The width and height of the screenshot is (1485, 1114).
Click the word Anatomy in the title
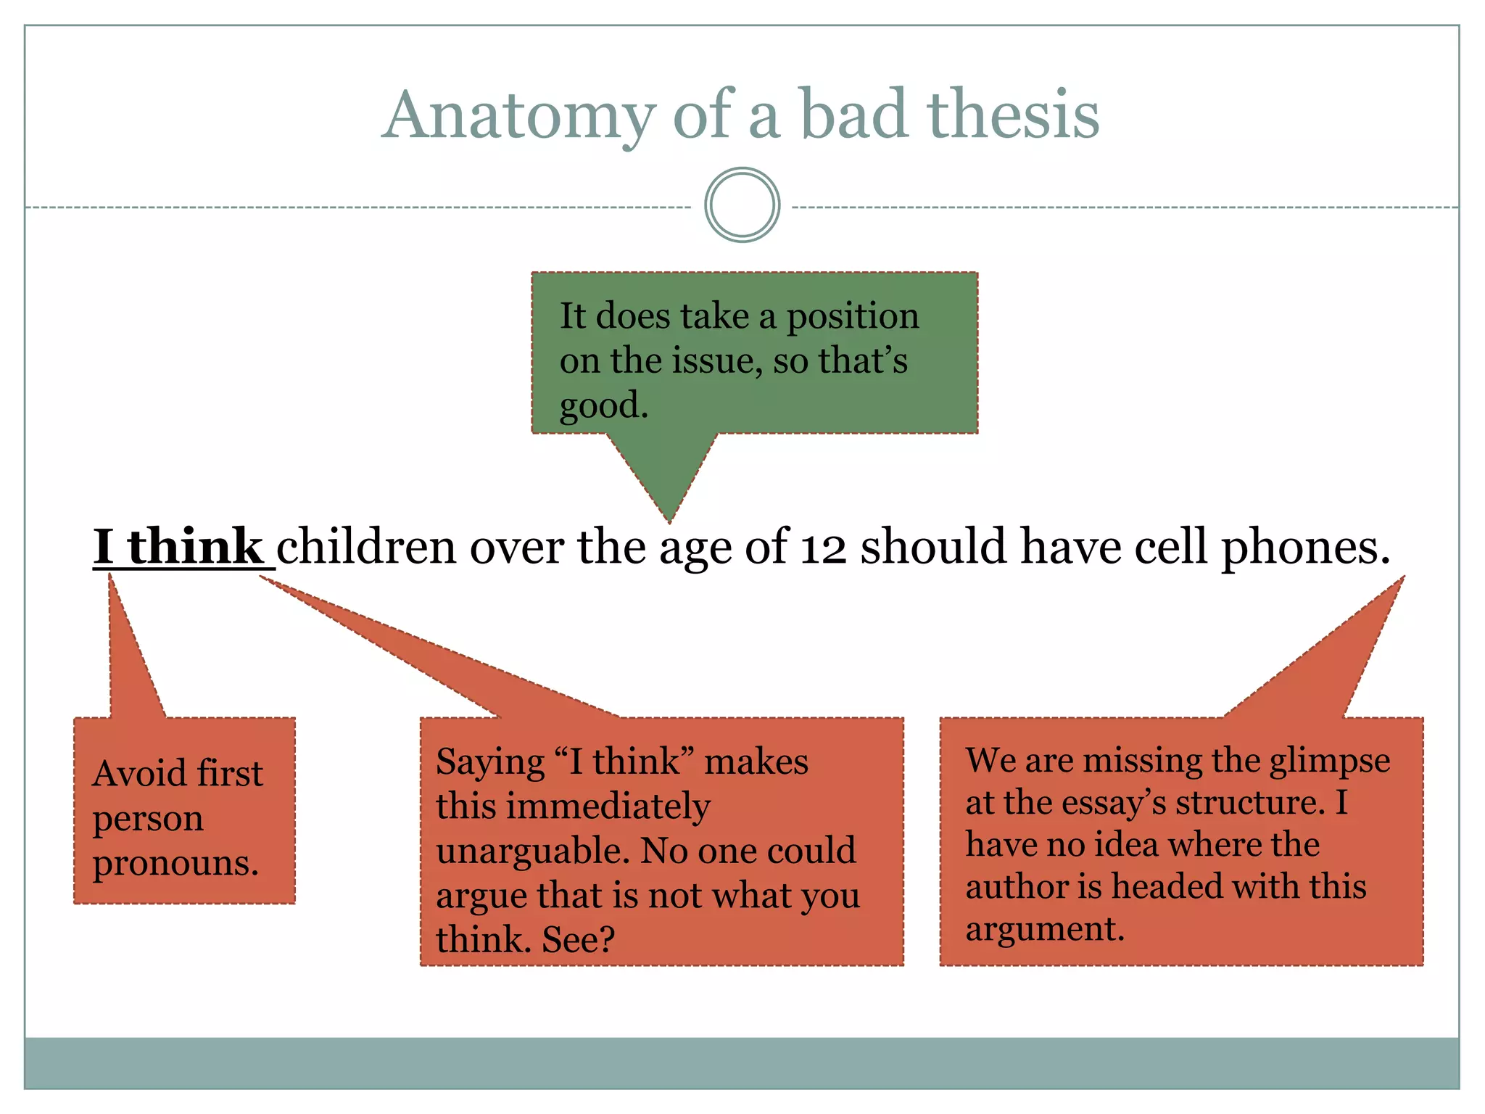pyautogui.click(x=518, y=116)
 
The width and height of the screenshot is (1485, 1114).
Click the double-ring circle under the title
pyautogui.click(x=742, y=205)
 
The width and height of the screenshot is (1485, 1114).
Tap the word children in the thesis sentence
pyautogui.click(x=366, y=547)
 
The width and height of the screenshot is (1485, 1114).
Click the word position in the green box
pyautogui.click(x=853, y=316)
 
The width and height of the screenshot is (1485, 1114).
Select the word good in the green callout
pyautogui.click(x=602, y=405)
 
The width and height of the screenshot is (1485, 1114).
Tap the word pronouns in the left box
pyautogui.click(x=175, y=864)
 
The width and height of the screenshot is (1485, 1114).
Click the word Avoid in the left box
pyautogui.click(x=138, y=773)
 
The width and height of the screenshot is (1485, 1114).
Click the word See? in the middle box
pyautogui.click(x=578, y=940)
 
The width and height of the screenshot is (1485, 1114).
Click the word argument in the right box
pyautogui.click(x=1044, y=929)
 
